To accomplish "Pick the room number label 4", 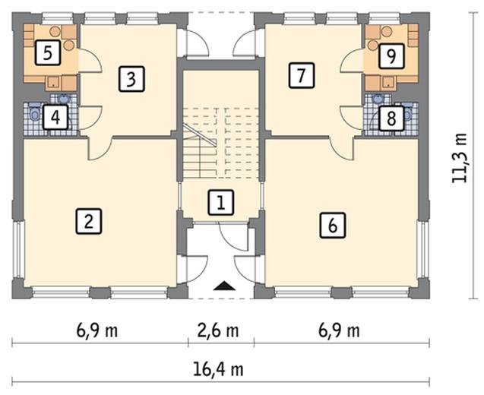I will [x=53, y=117].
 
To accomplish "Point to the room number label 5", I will [x=47, y=54].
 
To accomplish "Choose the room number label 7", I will [x=302, y=75].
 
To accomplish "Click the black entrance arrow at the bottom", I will [x=222, y=286].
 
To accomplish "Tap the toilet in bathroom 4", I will [x=35, y=115].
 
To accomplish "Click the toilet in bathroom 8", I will [x=409, y=114].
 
